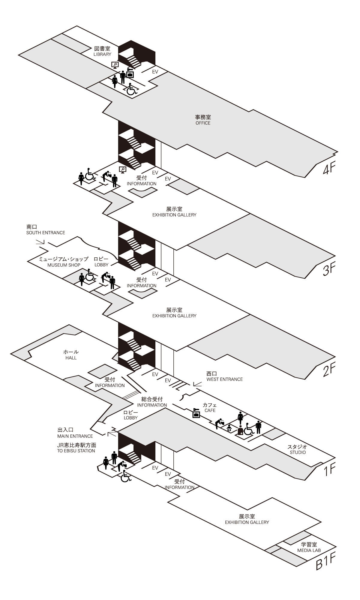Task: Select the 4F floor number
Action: pos(329,169)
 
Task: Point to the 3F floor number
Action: pos(329,270)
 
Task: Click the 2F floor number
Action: pos(329,371)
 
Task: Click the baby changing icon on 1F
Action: pos(229,428)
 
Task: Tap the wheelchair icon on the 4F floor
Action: pos(131,89)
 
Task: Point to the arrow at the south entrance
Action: pos(40,241)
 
